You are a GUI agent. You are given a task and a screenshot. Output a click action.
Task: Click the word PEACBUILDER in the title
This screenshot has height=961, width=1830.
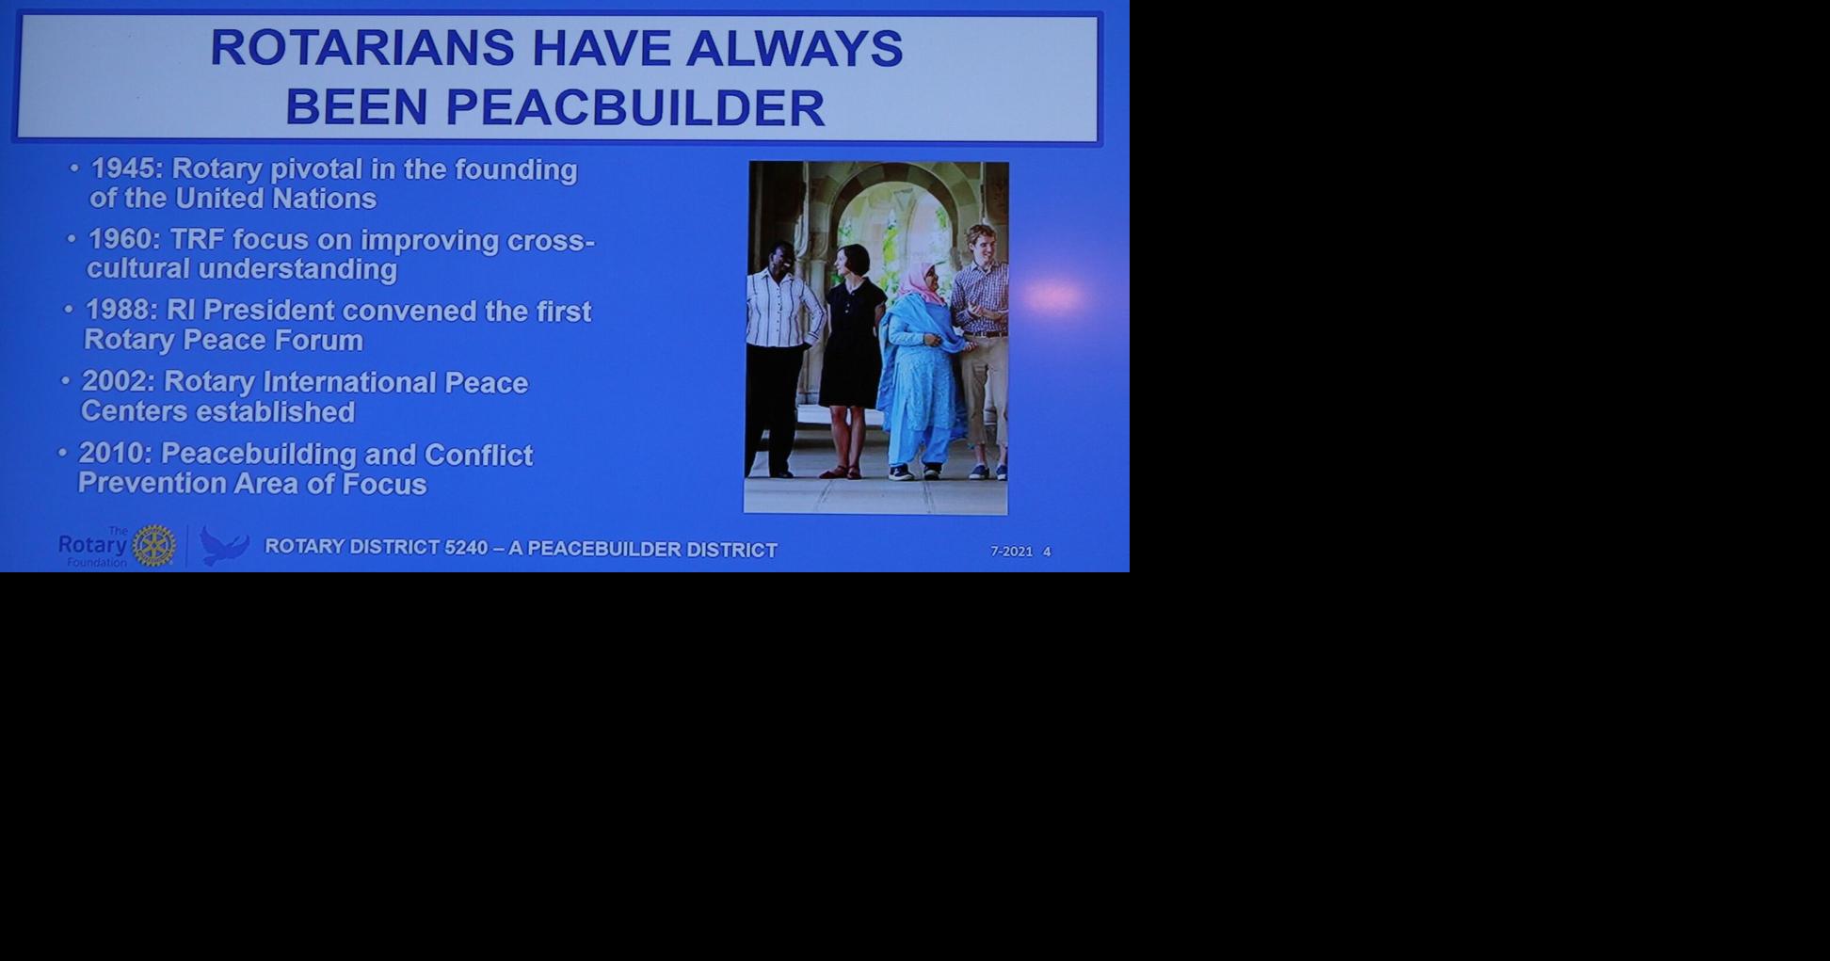[x=635, y=107]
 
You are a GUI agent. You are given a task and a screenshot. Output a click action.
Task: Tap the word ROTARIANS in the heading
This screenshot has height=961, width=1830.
[x=362, y=48]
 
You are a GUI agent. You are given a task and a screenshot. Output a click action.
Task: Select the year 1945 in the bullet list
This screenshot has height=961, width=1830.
[x=126, y=168]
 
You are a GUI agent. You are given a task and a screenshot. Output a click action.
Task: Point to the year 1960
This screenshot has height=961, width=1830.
[x=124, y=239]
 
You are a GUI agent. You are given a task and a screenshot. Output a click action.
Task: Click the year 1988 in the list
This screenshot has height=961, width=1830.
[x=121, y=310]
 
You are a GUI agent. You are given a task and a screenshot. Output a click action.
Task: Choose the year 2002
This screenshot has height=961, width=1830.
[x=118, y=381]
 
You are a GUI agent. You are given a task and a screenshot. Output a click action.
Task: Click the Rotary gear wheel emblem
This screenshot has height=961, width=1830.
[x=153, y=546]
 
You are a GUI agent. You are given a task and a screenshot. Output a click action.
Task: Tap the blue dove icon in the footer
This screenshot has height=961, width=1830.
[x=223, y=546]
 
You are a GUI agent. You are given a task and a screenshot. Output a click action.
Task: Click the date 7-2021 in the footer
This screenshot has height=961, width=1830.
[x=1011, y=552]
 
